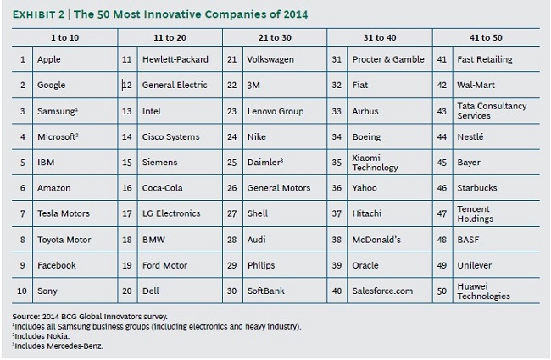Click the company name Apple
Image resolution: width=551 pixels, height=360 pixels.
(x=48, y=59)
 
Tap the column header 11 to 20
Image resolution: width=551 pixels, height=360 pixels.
(x=170, y=37)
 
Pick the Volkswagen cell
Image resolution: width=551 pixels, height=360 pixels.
(x=270, y=59)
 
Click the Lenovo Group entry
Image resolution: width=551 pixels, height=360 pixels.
(x=275, y=111)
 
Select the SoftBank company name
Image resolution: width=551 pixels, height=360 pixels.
(x=266, y=291)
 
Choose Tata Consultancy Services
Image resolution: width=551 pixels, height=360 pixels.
(x=492, y=111)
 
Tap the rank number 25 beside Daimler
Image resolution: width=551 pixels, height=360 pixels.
(x=231, y=163)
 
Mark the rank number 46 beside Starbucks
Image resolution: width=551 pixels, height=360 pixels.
(x=441, y=188)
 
